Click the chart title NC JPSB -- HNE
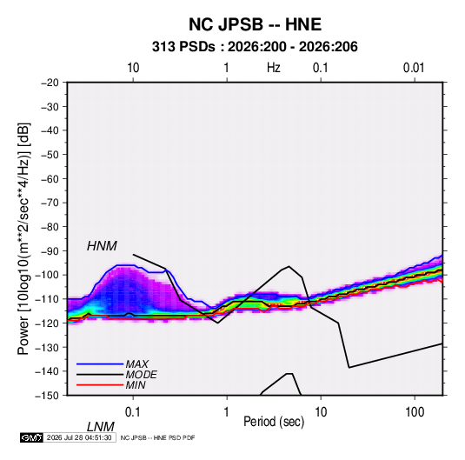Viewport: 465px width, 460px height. click(255, 24)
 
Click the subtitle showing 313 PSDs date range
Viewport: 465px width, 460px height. click(255, 47)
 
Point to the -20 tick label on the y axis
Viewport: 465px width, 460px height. click(50, 83)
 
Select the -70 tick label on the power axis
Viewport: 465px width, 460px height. click(50, 203)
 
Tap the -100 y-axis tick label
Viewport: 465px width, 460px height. click(47, 275)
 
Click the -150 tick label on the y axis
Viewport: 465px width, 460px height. click(47, 396)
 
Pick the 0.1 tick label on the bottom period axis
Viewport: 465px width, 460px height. click(132, 412)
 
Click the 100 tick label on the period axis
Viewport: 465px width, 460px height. click(415, 412)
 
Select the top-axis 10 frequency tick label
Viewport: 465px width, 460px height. click(133, 68)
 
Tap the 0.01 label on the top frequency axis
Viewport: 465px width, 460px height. click(414, 68)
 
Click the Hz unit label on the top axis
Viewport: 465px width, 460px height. click(274, 68)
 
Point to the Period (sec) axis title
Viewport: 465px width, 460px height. click(274, 422)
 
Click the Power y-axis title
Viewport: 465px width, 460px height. click(23, 239)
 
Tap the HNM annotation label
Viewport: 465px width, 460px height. click(102, 246)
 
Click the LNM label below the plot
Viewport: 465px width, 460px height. click(101, 427)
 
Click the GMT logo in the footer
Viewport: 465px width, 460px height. click(31, 437)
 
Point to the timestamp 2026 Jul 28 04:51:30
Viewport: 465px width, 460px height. click(79, 437)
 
